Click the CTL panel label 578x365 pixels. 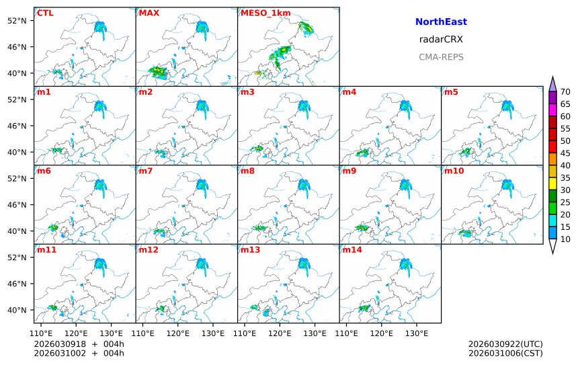pyautogui.click(x=45, y=13)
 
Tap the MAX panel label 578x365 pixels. pyautogui.click(x=149, y=13)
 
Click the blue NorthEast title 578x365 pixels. pyautogui.click(x=441, y=22)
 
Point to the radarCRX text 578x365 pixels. pyautogui.click(x=441, y=40)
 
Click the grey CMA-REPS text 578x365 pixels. pyautogui.click(x=441, y=57)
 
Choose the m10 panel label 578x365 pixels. pyautogui.click(x=454, y=171)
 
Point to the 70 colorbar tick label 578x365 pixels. pyautogui.click(x=565, y=92)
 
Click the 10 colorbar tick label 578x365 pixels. pyautogui.click(x=565, y=239)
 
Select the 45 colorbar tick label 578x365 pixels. pyautogui.click(x=565, y=153)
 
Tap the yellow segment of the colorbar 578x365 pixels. pyautogui.click(x=552, y=184)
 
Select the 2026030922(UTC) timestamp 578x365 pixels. pyautogui.click(x=505, y=345)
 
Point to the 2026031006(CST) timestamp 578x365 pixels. pyautogui.click(x=505, y=354)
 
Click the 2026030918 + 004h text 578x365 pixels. pyautogui.click(x=79, y=345)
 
